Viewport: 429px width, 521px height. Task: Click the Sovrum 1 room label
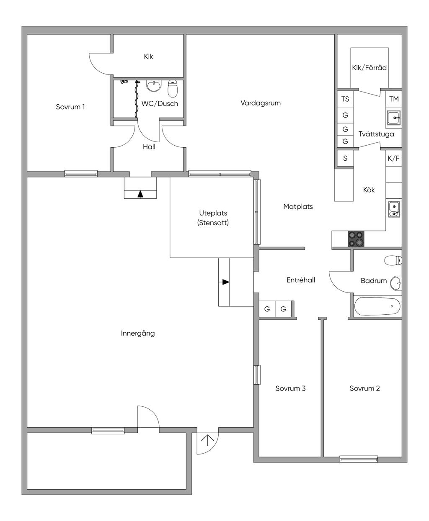pos(70,107)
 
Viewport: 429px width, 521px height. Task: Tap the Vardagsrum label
pos(261,103)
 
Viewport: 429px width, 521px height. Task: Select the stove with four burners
pos(356,239)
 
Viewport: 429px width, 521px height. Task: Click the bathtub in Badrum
pos(377,306)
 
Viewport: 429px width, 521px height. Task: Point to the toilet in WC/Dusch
pos(173,88)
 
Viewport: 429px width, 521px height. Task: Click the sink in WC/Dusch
pos(154,85)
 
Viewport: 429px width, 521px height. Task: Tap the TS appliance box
pos(345,99)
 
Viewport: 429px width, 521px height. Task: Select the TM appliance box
pos(394,99)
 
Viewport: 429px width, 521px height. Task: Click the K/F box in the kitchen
pos(394,158)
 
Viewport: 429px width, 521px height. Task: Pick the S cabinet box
pos(345,158)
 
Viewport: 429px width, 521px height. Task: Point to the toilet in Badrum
pos(393,260)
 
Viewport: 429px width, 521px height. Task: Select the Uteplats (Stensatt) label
pos(213,218)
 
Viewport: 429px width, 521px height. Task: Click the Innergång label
pos(138,334)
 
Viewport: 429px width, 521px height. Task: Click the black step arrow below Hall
pos(140,195)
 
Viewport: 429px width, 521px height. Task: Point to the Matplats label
pos(298,207)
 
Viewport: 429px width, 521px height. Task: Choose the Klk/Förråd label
pos(369,68)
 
